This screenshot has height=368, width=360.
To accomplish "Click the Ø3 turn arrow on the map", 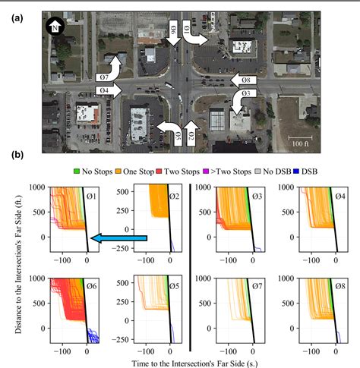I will (242, 100).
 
